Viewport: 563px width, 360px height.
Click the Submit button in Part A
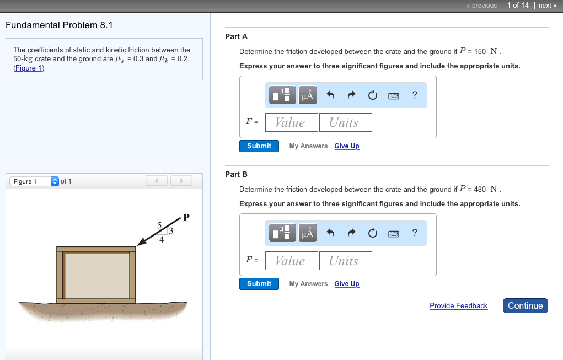pos(259,146)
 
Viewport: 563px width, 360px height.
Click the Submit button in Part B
pos(259,284)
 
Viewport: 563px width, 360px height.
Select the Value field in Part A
pos(291,122)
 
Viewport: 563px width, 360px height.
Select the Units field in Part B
pos(345,261)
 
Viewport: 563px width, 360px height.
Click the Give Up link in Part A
pos(346,146)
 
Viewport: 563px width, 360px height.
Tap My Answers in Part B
pos(308,284)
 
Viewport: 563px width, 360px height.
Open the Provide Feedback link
pos(458,306)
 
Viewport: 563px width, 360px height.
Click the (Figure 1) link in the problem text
pos(29,68)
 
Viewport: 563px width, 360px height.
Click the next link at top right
pos(546,6)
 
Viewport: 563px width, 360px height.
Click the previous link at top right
pos(481,6)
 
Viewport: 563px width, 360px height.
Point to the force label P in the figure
pos(186,217)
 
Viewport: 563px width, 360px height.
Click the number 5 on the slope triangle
pos(159,225)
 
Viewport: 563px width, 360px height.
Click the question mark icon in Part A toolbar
pos(415,95)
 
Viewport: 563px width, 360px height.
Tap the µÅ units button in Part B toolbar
pos(308,233)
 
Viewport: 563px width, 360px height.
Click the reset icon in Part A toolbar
pos(372,96)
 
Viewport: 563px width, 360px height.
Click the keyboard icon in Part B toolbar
pos(394,234)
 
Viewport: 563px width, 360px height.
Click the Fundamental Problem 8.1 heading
pos(60,25)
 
